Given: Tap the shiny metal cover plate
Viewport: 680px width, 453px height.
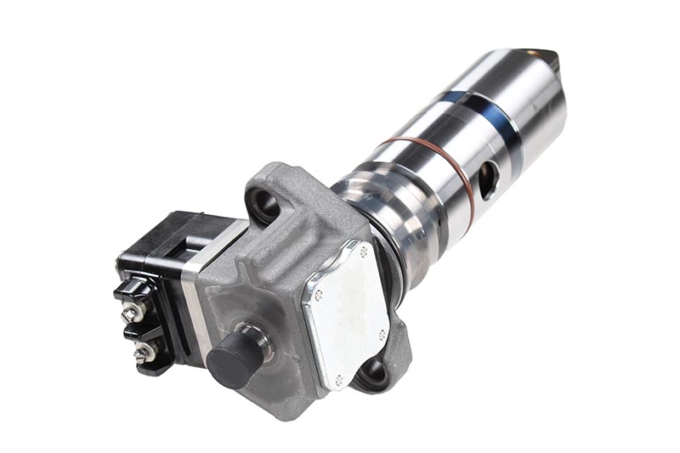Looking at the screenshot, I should [x=345, y=309].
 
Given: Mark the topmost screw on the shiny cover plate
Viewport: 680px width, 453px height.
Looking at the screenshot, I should [x=365, y=252].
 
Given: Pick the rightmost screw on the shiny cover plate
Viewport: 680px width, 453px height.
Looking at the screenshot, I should [x=383, y=333].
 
